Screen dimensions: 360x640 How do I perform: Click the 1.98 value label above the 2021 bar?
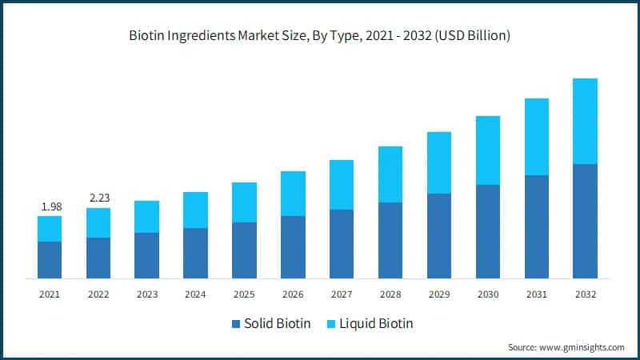pos(50,206)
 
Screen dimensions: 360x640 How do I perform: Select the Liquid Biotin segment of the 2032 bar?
pos(585,121)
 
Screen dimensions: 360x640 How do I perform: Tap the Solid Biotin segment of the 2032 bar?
pos(585,221)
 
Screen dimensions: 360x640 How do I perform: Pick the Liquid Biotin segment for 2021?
pos(50,229)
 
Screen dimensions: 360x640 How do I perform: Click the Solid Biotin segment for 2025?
pos(244,250)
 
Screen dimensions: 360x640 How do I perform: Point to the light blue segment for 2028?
pos(390,174)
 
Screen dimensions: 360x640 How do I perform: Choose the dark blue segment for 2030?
pos(487,231)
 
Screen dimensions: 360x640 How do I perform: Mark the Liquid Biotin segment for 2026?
pos(293,194)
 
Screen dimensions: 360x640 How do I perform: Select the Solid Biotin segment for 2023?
pos(147,255)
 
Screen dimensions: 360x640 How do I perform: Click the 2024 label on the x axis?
pos(195,294)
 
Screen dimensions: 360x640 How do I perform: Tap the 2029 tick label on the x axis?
pos(438,294)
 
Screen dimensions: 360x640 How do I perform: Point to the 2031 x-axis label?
pos(536,294)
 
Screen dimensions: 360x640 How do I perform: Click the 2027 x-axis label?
pos(342,294)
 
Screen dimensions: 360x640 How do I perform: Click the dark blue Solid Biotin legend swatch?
pos(235,323)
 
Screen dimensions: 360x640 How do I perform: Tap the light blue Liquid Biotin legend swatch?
pos(332,323)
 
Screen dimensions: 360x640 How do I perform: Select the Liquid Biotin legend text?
pos(377,323)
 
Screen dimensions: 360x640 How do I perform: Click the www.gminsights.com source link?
pos(581,346)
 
